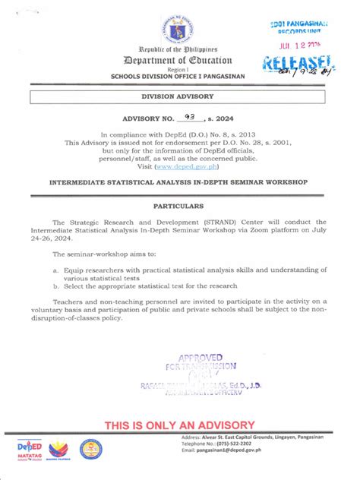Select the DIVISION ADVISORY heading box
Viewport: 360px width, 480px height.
tap(179, 97)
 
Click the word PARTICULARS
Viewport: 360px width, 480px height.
tap(180, 206)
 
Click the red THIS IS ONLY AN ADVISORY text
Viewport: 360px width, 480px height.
tap(178, 423)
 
